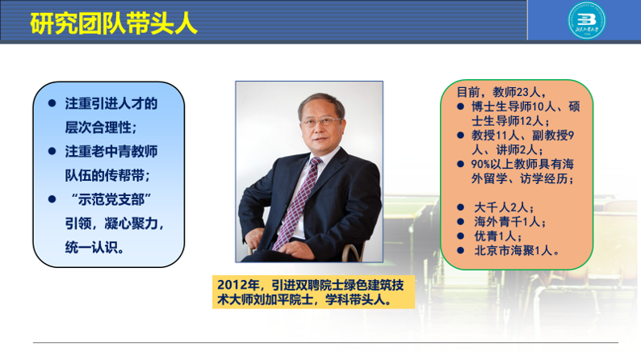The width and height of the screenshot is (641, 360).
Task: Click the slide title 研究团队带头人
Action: pos(114,23)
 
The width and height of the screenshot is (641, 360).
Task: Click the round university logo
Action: pos(587,20)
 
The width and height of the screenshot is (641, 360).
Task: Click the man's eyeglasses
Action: pos(322,121)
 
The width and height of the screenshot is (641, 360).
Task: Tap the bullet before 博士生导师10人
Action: pos(461,107)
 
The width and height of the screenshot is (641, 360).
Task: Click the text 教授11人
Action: pos(495,136)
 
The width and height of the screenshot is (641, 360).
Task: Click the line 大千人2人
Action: pos(504,207)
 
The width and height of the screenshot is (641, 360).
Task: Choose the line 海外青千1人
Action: pos(510,221)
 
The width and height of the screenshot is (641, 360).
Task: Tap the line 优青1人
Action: pos(498,236)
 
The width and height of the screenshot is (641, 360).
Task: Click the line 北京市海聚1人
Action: pos(517,250)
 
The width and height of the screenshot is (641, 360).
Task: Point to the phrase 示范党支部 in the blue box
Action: pos(111,199)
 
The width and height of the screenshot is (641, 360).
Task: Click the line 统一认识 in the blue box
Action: pos(94,247)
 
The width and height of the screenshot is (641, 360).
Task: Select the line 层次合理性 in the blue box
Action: pos(101,128)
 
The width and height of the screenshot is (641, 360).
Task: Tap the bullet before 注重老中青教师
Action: pos(52,151)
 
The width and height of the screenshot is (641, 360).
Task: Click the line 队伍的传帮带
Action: pos(107,175)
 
